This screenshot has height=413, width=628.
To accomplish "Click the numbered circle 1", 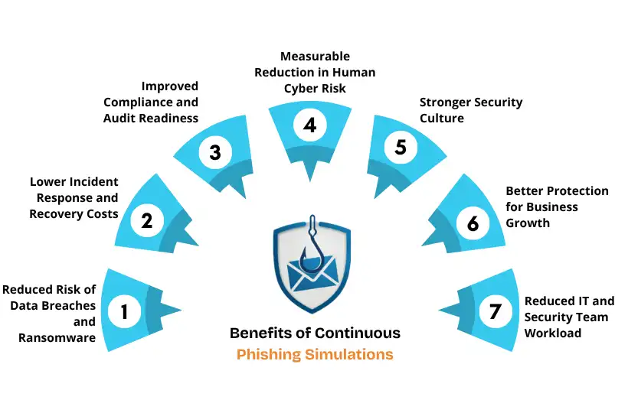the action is (x=124, y=311).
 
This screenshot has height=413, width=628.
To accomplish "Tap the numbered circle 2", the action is (x=146, y=221).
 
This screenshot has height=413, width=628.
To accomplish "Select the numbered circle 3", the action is (x=214, y=152).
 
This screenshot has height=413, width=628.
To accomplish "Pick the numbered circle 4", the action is (x=309, y=125).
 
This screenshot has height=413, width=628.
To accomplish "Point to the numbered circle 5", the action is (x=401, y=147).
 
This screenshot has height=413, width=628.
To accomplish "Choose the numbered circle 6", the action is (x=473, y=223).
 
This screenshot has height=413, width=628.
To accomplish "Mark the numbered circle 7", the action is (x=495, y=311).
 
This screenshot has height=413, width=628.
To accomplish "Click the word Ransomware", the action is (x=57, y=337).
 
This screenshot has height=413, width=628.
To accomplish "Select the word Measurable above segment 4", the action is (x=315, y=57).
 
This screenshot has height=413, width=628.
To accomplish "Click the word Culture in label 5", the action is (x=442, y=118).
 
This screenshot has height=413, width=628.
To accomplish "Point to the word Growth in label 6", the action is (x=528, y=223).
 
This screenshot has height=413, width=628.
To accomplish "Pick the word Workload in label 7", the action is (x=552, y=333).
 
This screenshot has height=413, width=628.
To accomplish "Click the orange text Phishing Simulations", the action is (x=315, y=354).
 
